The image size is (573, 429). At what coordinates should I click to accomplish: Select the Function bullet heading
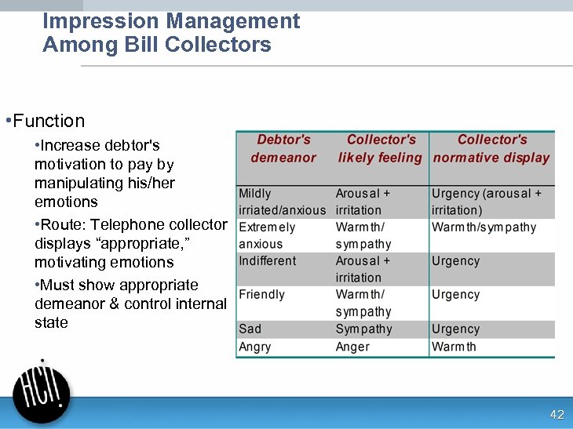(49, 121)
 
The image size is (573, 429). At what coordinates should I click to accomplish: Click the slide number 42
(557, 414)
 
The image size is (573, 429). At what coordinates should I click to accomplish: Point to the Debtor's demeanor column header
(283, 148)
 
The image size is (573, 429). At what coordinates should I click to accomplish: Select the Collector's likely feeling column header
(381, 148)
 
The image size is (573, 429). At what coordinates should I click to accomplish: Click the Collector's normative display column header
(491, 148)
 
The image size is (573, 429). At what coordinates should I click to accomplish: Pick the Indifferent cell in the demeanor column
(268, 261)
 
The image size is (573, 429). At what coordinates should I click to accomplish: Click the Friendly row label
(261, 295)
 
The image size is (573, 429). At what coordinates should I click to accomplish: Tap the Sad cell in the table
(250, 329)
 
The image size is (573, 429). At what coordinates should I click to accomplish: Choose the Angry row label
(255, 347)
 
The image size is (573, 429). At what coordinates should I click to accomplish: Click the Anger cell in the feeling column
(352, 347)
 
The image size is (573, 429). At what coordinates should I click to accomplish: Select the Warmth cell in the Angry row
(454, 347)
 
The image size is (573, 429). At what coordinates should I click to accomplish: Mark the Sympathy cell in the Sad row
(363, 329)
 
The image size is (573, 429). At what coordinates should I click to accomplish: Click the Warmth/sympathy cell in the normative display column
(484, 227)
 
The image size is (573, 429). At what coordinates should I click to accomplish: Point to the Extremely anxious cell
(267, 235)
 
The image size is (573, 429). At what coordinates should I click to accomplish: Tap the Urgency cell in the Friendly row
(455, 295)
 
